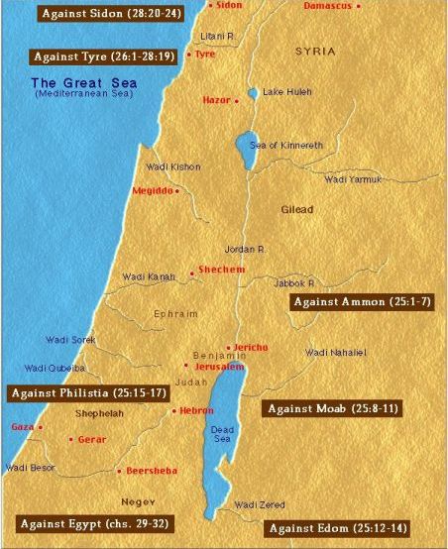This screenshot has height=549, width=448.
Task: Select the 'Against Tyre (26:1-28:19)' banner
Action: (x=103, y=56)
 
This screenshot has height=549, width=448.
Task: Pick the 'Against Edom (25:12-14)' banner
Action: (x=336, y=528)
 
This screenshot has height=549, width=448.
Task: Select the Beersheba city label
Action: (x=150, y=471)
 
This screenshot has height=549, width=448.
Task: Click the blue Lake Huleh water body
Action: (x=252, y=93)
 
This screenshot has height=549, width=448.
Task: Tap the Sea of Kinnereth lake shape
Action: (x=245, y=151)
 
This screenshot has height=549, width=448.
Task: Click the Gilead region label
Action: (x=296, y=210)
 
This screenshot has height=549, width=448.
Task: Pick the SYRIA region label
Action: (x=315, y=50)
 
